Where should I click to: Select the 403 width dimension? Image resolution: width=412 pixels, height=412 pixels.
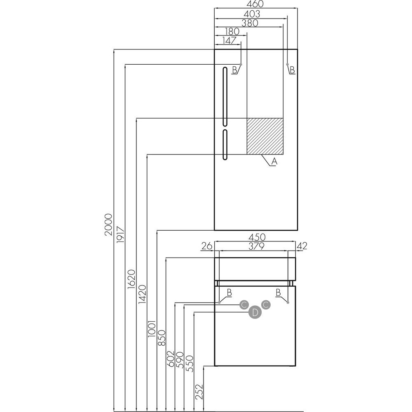[252, 14]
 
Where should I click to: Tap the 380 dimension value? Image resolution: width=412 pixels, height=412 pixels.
[250, 23]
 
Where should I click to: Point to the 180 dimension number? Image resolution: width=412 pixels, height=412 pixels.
[232, 32]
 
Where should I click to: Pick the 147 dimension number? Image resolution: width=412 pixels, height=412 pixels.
[229, 40]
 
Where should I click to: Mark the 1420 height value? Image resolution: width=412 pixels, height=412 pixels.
[143, 294]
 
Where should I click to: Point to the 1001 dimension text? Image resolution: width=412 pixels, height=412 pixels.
[152, 329]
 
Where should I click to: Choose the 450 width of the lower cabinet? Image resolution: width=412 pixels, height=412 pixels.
[257, 237]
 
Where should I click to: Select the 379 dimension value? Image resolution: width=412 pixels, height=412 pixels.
[256, 246]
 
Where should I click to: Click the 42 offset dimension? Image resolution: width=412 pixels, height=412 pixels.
[302, 246]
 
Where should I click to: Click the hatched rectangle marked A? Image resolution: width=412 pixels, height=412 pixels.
[265, 136]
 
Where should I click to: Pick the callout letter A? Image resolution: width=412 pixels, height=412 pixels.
[274, 162]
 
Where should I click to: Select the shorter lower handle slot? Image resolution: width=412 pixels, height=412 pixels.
[225, 145]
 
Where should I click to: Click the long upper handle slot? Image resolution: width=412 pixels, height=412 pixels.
[225, 96]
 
